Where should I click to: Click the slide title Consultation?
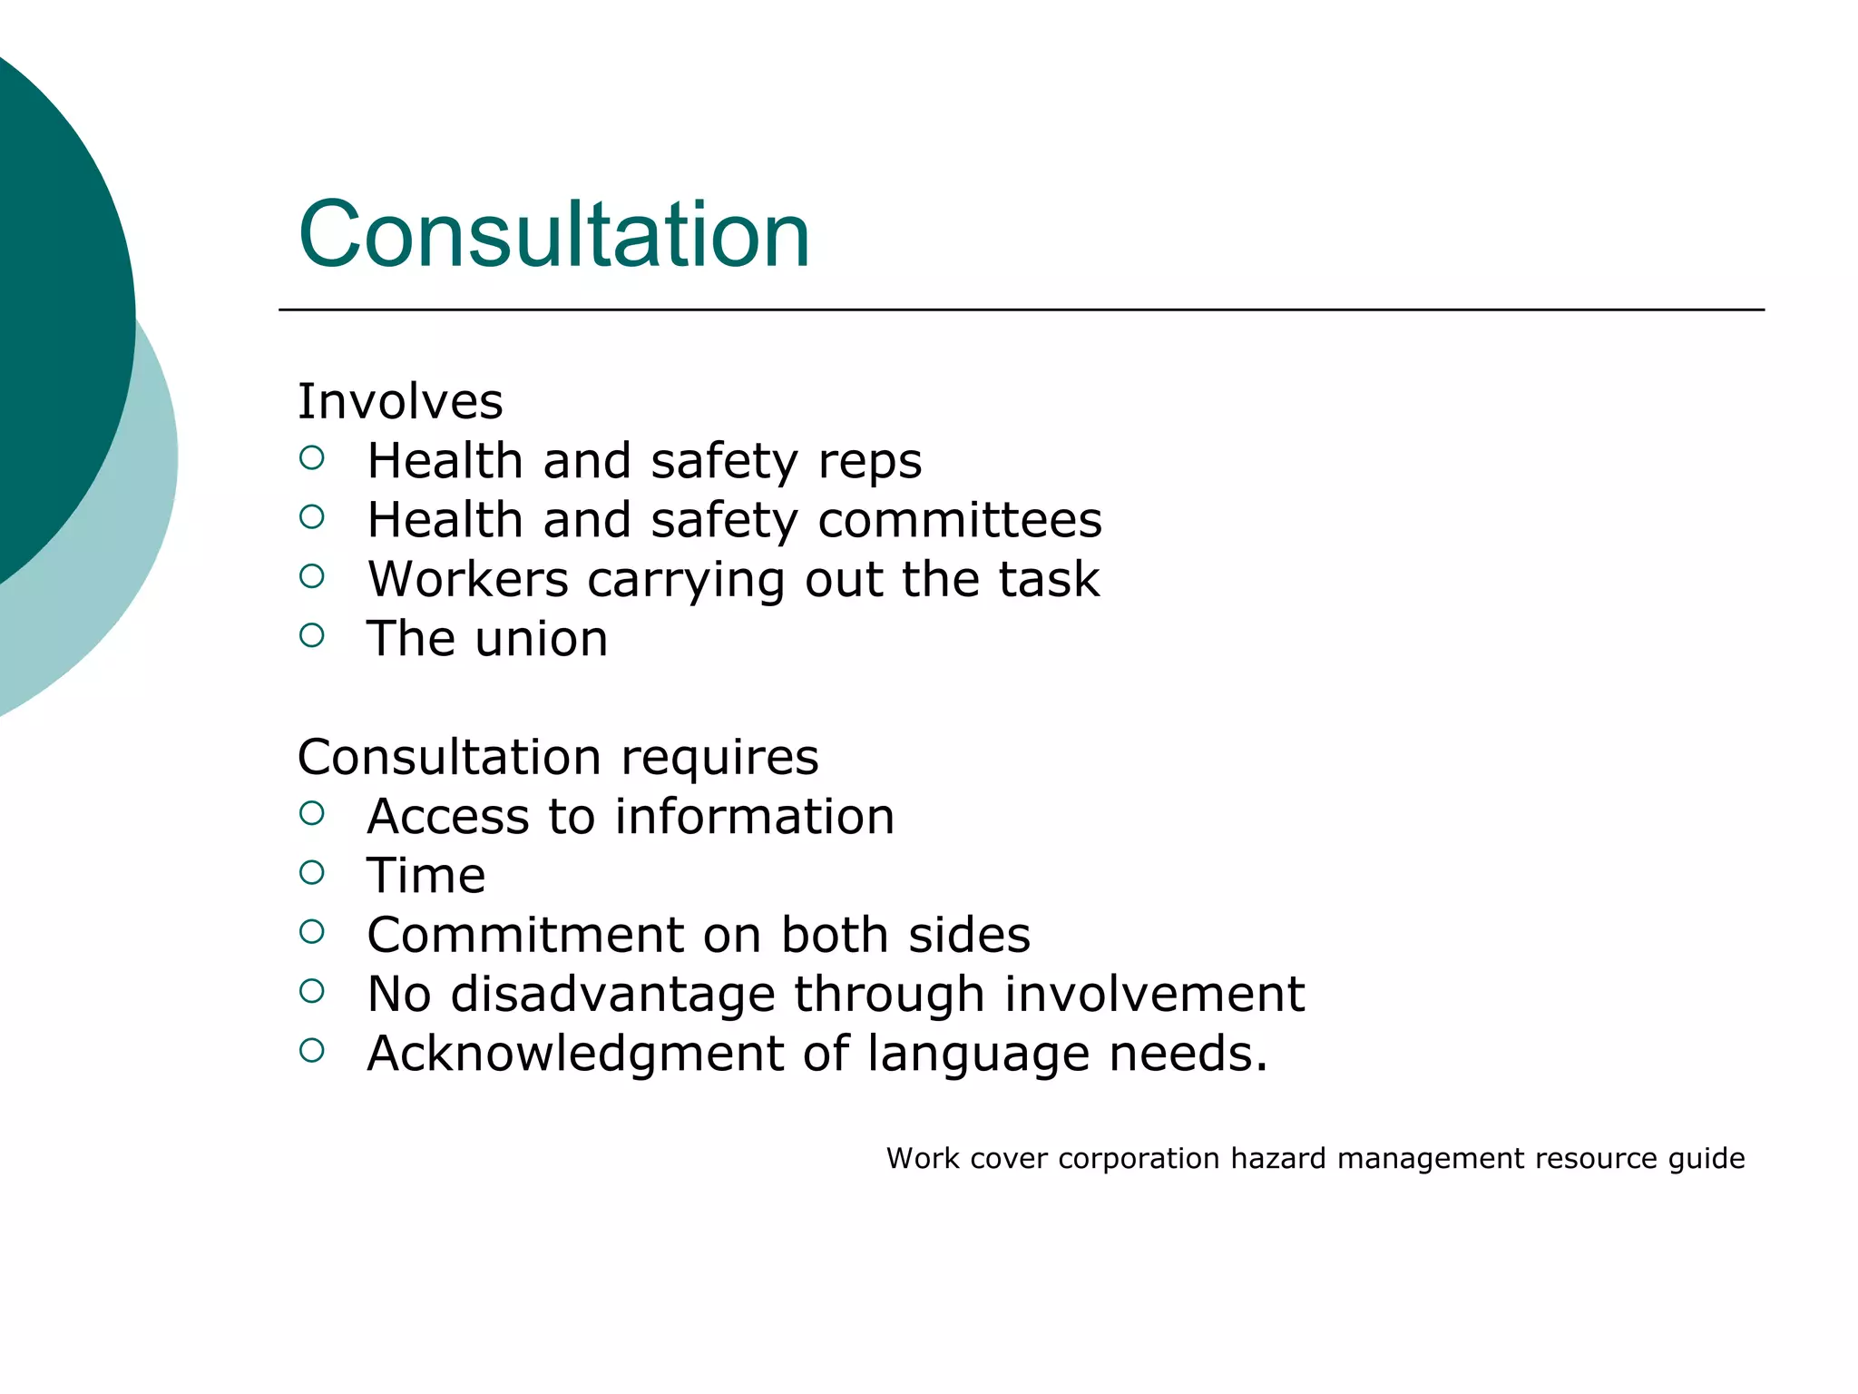(x=553, y=235)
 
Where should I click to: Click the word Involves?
(x=400, y=402)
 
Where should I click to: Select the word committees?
(x=960, y=521)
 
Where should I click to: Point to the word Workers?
(x=467, y=580)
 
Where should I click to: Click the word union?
(x=542, y=639)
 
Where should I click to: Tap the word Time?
(x=425, y=876)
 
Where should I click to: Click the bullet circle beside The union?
(x=311, y=635)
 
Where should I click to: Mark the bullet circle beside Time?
(x=311, y=872)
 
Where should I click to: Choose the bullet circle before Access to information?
(x=311, y=813)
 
